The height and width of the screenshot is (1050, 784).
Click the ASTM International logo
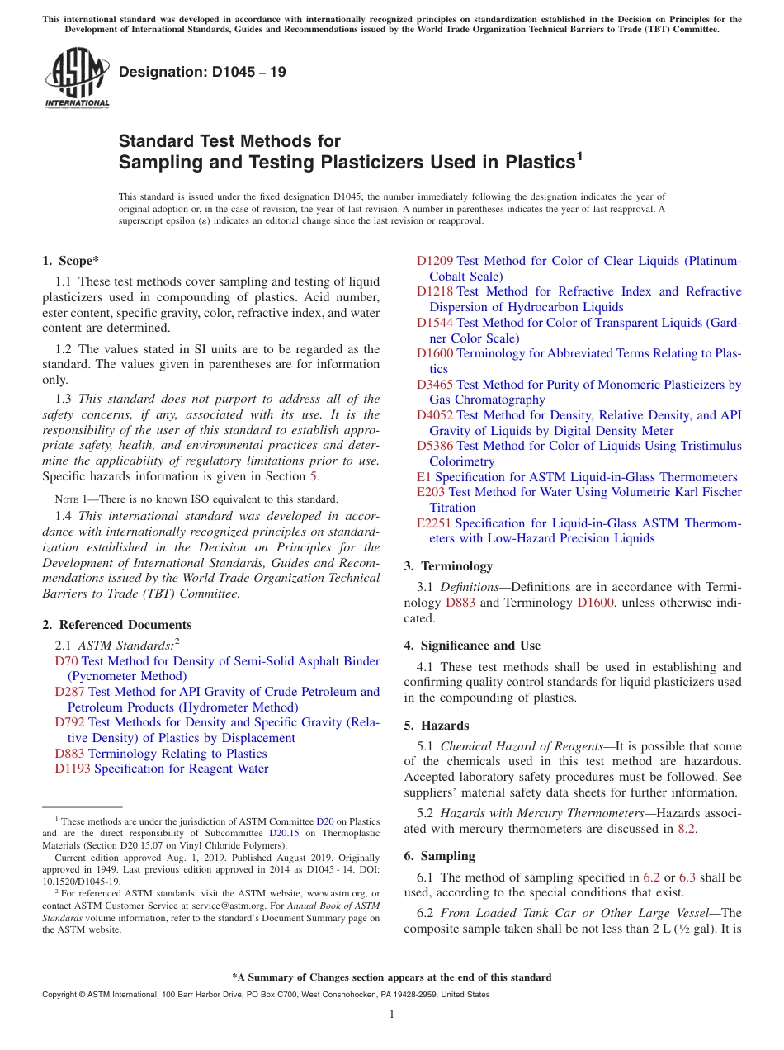[77, 78]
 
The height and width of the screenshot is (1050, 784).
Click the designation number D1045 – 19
[202, 72]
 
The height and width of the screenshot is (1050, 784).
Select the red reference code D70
[66, 661]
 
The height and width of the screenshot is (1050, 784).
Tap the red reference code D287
[69, 692]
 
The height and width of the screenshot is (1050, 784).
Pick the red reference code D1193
[73, 769]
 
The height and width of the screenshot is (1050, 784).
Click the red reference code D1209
[434, 261]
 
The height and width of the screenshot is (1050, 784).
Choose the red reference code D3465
[434, 385]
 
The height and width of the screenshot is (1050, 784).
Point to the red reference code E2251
[433, 523]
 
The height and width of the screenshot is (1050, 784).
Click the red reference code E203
[430, 492]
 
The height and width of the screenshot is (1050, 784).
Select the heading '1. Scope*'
[71, 261]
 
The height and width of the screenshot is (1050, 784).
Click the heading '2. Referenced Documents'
[117, 625]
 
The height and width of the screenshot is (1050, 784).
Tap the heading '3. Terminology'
[448, 566]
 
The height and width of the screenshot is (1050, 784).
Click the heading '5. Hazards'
[437, 726]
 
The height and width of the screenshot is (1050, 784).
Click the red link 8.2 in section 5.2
[687, 829]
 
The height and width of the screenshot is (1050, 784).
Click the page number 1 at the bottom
[392, 1014]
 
